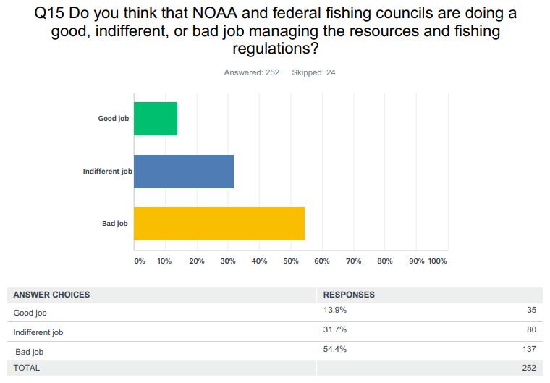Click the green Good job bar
click(x=156, y=119)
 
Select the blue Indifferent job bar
click(x=184, y=172)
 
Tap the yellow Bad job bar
click(x=219, y=224)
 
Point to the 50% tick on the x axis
click(x=290, y=261)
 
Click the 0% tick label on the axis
click(x=140, y=261)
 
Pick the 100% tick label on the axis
click(x=438, y=261)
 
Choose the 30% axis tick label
click(x=228, y=261)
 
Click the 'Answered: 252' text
click(x=252, y=72)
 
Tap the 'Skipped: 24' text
click(x=313, y=72)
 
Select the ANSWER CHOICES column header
click(x=51, y=295)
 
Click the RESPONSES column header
click(x=349, y=295)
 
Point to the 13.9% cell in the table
click(x=334, y=310)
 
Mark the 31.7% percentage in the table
click(x=334, y=329)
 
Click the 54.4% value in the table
click(x=334, y=349)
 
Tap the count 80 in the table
click(x=530, y=331)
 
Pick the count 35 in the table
click(x=530, y=311)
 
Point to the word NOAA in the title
click(x=214, y=15)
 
